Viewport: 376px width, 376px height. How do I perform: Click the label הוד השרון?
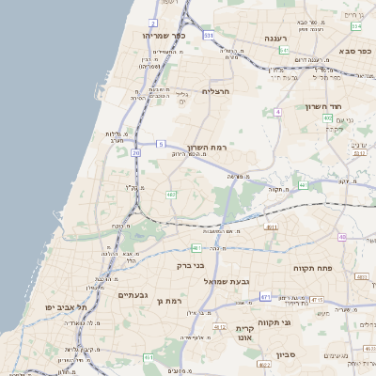(x=326, y=106)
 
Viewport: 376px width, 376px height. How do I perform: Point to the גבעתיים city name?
(x=134, y=295)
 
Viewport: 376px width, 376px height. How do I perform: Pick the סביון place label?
(x=287, y=356)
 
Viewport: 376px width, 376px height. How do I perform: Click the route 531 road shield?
(x=209, y=35)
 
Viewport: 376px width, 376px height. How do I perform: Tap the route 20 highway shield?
(x=135, y=150)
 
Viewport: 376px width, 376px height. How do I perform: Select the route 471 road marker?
(x=265, y=297)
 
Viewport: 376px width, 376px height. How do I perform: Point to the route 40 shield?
(x=342, y=237)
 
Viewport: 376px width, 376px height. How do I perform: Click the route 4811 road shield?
(x=272, y=227)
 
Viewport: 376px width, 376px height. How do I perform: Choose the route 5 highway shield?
(x=161, y=144)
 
